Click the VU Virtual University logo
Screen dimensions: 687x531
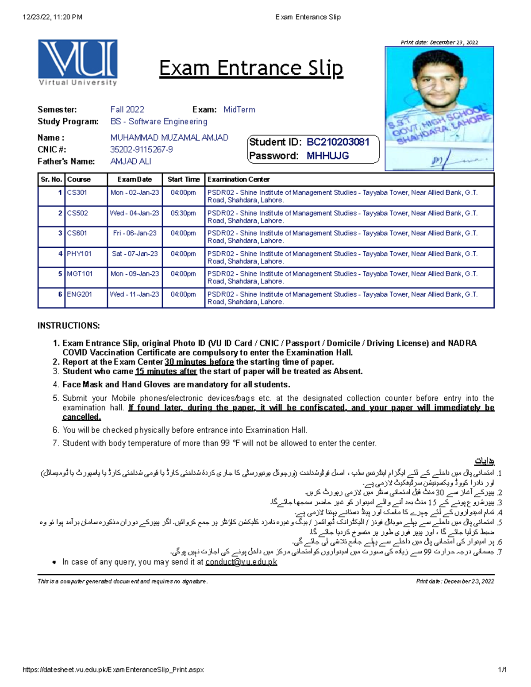point(77,62)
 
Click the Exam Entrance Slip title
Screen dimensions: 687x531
point(251,69)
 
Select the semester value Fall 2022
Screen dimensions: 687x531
point(127,110)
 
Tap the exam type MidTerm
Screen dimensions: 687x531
point(239,110)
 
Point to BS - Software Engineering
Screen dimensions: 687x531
point(158,122)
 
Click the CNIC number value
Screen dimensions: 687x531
point(141,150)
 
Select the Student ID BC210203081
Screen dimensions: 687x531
point(338,142)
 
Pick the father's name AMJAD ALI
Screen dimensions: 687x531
point(131,161)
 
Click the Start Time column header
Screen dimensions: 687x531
point(183,180)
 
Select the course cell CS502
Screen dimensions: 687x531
point(77,213)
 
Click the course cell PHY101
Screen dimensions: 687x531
point(79,254)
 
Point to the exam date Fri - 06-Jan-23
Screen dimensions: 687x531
point(135,233)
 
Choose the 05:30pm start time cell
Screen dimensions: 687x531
point(183,213)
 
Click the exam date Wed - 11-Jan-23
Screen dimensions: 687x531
point(135,294)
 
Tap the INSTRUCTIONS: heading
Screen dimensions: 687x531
point(69,326)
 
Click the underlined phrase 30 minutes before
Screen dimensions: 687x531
point(199,362)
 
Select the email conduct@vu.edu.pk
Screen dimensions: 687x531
point(241,562)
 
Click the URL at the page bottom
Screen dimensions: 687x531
point(113,670)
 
